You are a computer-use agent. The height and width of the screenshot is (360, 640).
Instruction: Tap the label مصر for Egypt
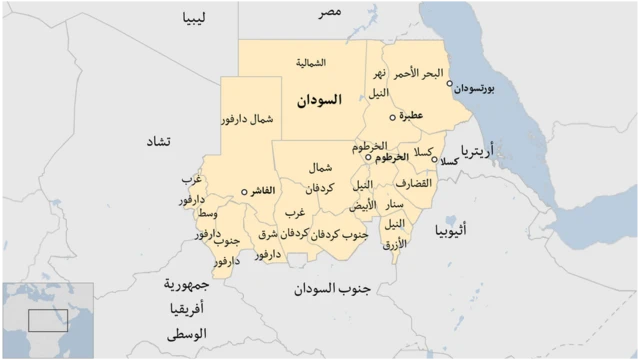click(x=331, y=11)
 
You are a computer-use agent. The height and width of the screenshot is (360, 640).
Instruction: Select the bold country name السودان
click(x=321, y=100)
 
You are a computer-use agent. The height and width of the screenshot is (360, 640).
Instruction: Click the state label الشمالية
click(x=311, y=62)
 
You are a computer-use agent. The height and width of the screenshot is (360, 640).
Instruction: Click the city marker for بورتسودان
click(x=450, y=84)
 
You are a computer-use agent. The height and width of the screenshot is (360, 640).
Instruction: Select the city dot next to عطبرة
click(x=392, y=117)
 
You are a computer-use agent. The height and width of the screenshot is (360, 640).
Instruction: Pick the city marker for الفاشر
click(x=245, y=191)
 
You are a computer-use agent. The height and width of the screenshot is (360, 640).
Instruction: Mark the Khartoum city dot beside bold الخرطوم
click(x=369, y=157)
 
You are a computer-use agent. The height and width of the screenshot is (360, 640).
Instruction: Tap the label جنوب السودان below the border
click(x=332, y=289)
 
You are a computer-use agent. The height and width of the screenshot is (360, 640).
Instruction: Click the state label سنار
click(x=395, y=204)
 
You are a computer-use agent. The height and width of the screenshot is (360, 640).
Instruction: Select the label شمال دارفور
click(x=247, y=119)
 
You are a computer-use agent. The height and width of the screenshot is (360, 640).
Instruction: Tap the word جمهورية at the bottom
click(x=185, y=284)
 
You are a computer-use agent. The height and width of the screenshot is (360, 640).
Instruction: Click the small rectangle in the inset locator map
click(x=47, y=321)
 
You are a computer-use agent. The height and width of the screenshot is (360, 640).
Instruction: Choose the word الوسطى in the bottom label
click(x=186, y=332)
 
